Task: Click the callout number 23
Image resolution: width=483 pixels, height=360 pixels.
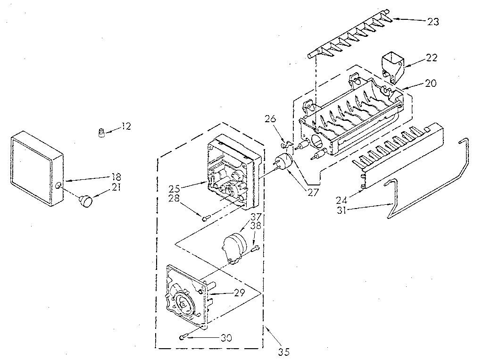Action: [x=433, y=21]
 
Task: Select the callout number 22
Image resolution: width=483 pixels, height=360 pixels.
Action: [x=431, y=58]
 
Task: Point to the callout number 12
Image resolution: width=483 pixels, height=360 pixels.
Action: [x=126, y=126]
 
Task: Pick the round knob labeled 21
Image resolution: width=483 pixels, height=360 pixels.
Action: [x=87, y=202]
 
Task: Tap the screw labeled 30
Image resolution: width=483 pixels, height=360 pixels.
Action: [x=183, y=336]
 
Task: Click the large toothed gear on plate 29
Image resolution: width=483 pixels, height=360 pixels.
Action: [x=185, y=302]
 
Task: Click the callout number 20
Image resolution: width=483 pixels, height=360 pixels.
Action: [x=431, y=83]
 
